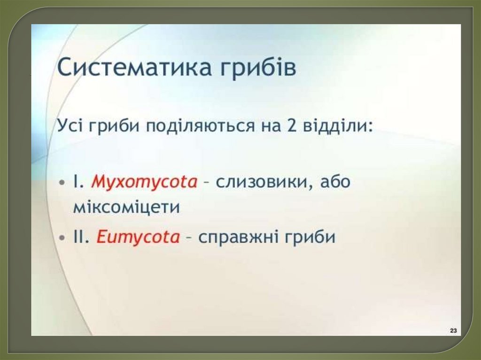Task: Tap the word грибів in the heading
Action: (x=258, y=68)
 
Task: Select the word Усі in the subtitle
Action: (x=70, y=125)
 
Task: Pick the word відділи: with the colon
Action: (x=338, y=125)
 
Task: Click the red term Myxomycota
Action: (x=144, y=182)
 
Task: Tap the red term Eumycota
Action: (x=138, y=237)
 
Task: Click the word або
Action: (x=335, y=182)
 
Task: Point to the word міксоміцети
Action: (x=126, y=207)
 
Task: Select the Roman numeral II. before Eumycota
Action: (x=81, y=237)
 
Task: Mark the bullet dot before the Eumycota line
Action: (x=62, y=238)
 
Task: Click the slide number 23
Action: (x=454, y=330)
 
